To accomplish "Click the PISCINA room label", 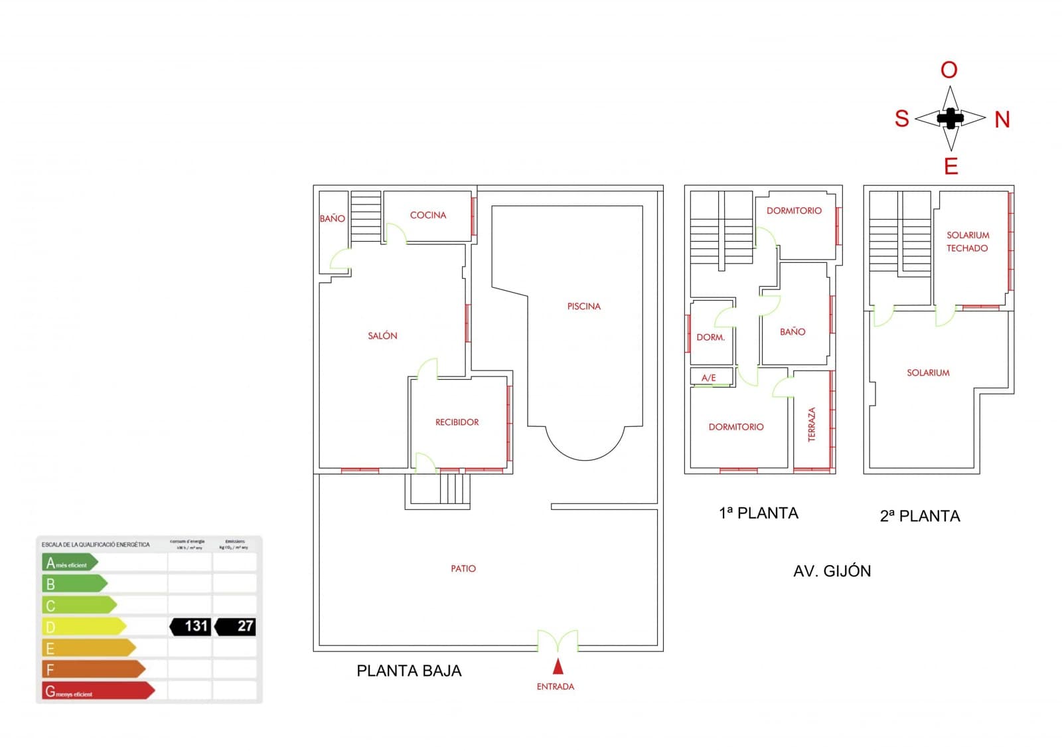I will pyautogui.click(x=583, y=306).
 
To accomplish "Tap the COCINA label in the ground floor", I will pyautogui.click(x=428, y=215).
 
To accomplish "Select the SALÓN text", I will pyautogui.click(x=382, y=336).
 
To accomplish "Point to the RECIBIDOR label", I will pyautogui.click(x=457, y=422).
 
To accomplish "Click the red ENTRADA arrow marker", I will pyautogui.click(x=558, y=666).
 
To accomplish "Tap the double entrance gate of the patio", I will pyautogui.click(x=558, y=641).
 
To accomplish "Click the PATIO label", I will pyautogui.click(x=463, y=568).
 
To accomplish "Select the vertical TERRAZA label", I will pyautogui.click(x=811, y=425).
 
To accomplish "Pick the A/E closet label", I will pyautogui.click(x=708, y=378).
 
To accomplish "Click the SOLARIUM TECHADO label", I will pyautogui.click(x=967, y=242).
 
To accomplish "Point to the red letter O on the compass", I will pyautogui.click(x=949, y=70).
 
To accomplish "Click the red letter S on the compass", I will pyautogui.click(x=901, y=119).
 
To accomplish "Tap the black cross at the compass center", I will pyautogui.click(x=950, y=119).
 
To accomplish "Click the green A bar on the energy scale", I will pyautogui.click(x=69, y=563).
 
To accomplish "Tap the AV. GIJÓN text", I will pyautogui.click(x=832, y=571).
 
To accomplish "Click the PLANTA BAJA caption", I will pyautogui.click(x=409, y=671).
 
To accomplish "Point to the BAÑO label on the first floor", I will pyautogui.click(x=793, y=332).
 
